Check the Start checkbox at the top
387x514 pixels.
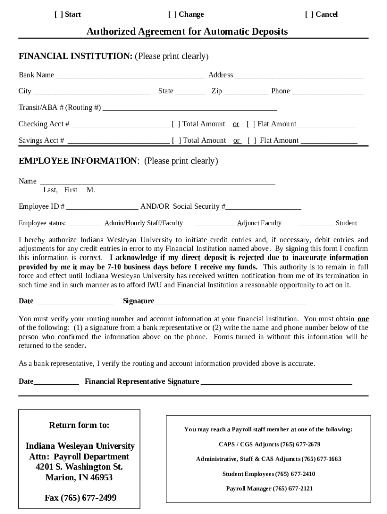coord(58,14)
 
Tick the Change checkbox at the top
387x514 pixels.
coord(172,14)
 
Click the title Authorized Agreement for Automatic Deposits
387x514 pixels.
coord(187,32)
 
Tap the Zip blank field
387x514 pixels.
coord(246,91)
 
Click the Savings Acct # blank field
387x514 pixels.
coord(118,141)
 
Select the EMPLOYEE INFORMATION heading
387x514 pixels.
coord(78,161)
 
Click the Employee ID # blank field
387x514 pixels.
coord(102,207)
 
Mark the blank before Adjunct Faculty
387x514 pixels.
coord(214,223)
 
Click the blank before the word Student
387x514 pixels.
coord(316,223)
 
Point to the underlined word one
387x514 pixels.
coord(363,319)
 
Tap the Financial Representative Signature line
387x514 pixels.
coord(276,382)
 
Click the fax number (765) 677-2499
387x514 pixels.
coord(80,498)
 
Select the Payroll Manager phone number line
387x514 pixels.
coord(269,488)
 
